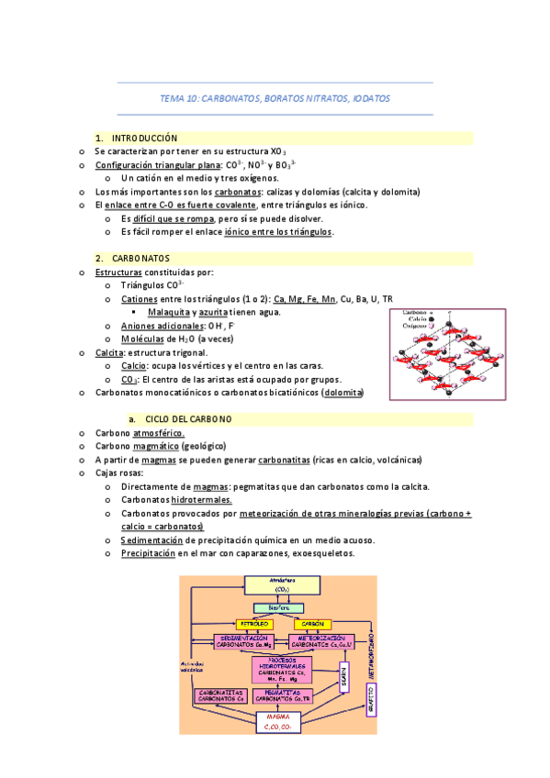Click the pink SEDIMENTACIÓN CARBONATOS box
(x=245, y=642)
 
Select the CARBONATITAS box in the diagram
(x=220, y=695)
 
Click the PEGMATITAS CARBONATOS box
(x=282, y=695)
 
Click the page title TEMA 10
(x=275, y=97)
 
